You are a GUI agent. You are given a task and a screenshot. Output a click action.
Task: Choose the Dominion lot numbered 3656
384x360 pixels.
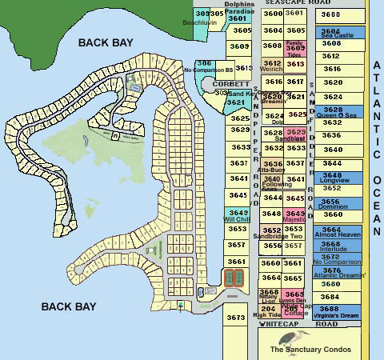[332, 203]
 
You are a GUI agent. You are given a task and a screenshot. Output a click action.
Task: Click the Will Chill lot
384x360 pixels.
[237, 214]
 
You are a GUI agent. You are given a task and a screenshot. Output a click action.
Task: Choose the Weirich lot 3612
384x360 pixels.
[272, 66]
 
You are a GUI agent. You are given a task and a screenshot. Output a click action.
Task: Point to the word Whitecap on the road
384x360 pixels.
[276, 323]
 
